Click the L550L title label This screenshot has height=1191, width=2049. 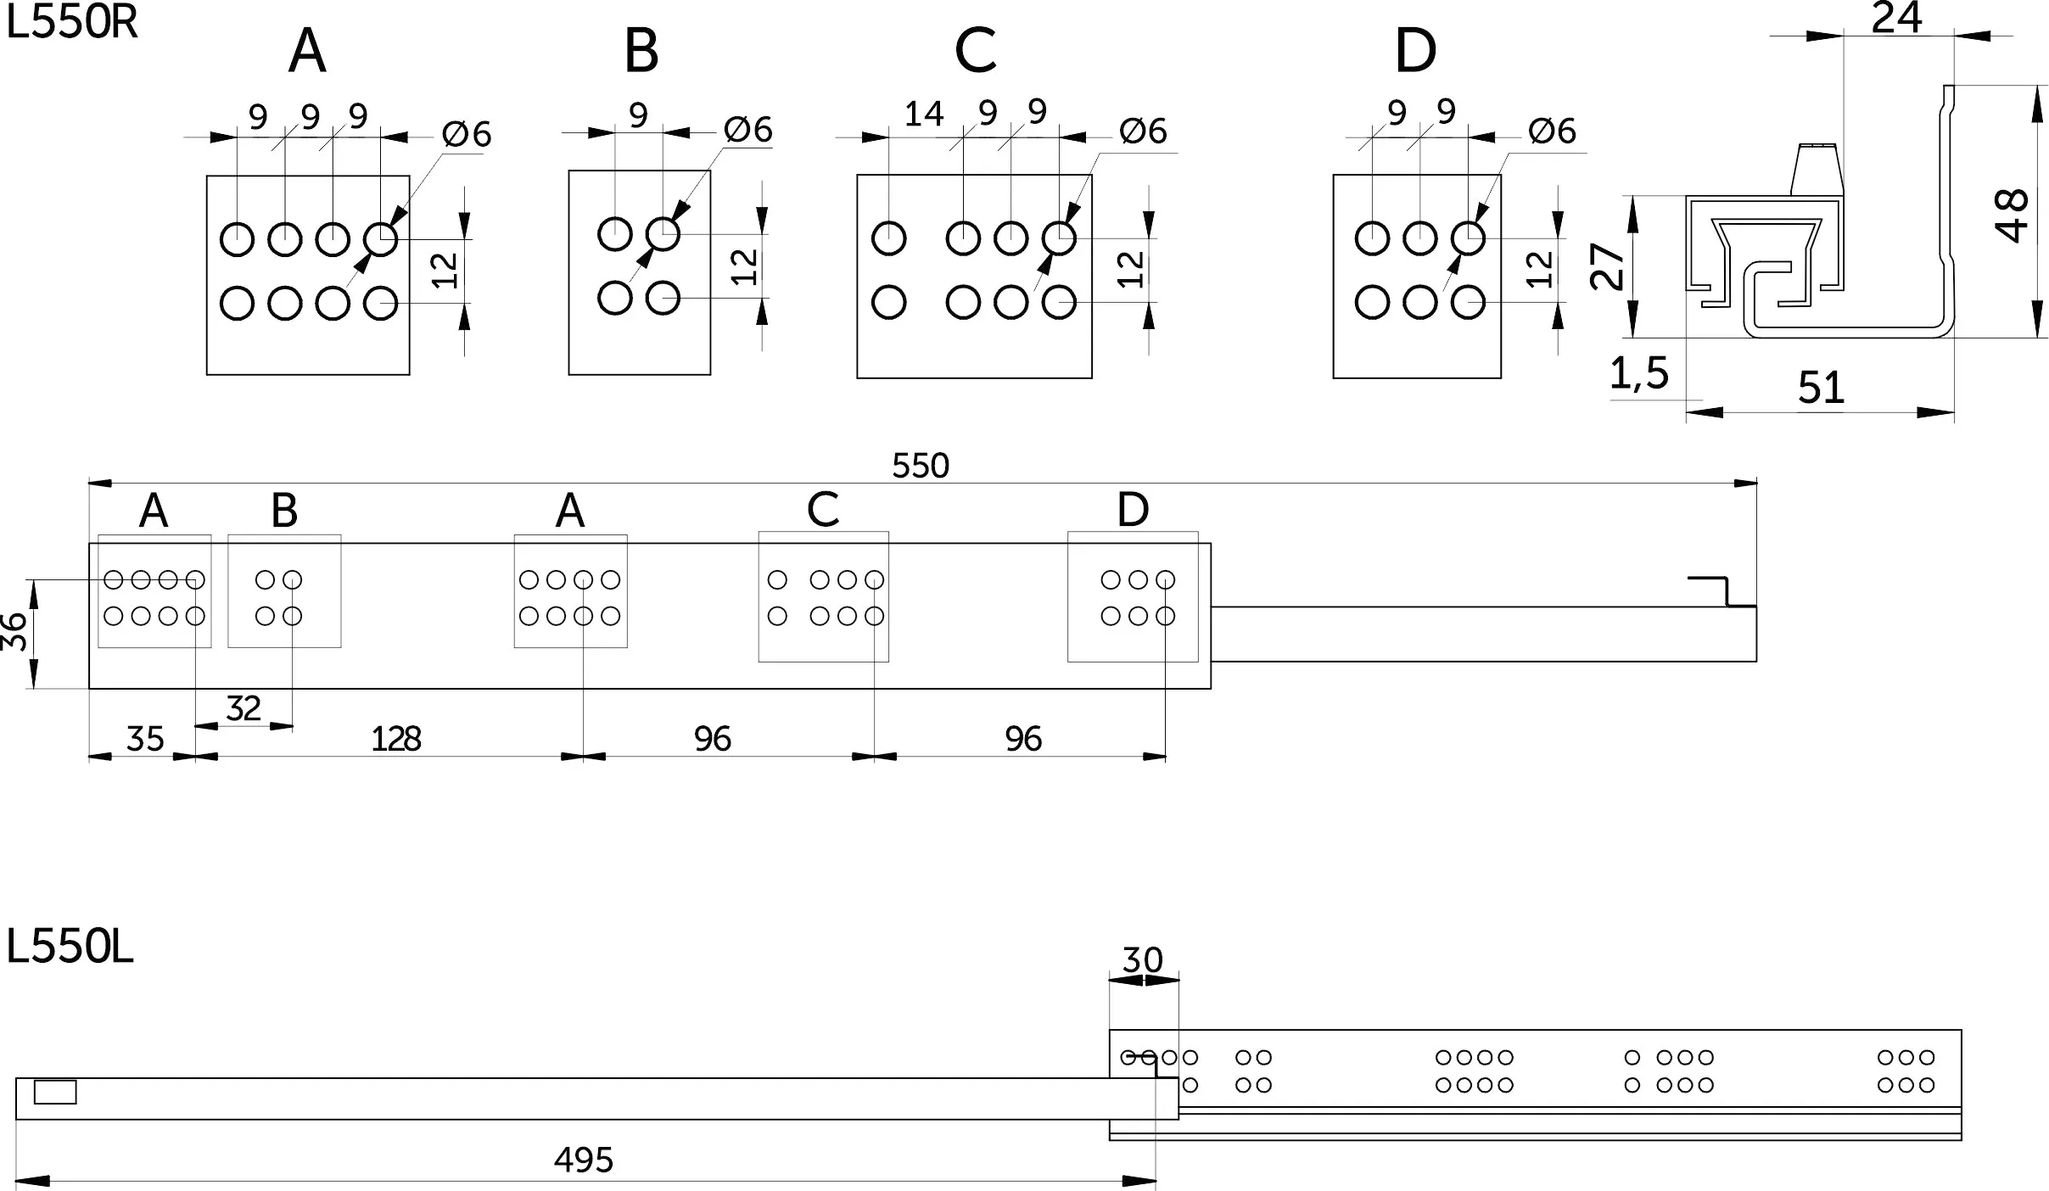[70, 947]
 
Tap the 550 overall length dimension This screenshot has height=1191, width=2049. [921, 466]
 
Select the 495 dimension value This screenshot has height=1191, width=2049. [584, 1160]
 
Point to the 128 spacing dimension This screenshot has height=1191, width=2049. [396, 739]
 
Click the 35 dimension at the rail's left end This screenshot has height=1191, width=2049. [144, 739]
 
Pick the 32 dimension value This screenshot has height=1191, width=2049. [244, 707]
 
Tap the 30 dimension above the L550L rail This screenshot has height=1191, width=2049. [1142, 960]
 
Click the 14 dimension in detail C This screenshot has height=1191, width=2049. [924, 114]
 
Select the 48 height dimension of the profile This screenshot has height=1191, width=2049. [2013, 215]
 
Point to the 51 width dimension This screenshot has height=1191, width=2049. [1821, 388]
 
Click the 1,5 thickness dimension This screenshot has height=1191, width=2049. [1639, 373]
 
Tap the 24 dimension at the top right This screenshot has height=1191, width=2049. [1896, 18]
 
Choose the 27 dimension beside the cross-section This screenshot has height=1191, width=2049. [1607, 266]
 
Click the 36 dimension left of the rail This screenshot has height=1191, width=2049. [14, 633]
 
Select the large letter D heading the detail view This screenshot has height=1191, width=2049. [1415, 50]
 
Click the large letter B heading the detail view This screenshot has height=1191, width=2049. [641, 50]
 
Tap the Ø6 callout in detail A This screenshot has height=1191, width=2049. [467, 134]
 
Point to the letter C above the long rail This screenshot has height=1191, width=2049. [823, 509]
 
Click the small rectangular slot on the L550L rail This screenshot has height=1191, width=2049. [55, 1093]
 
